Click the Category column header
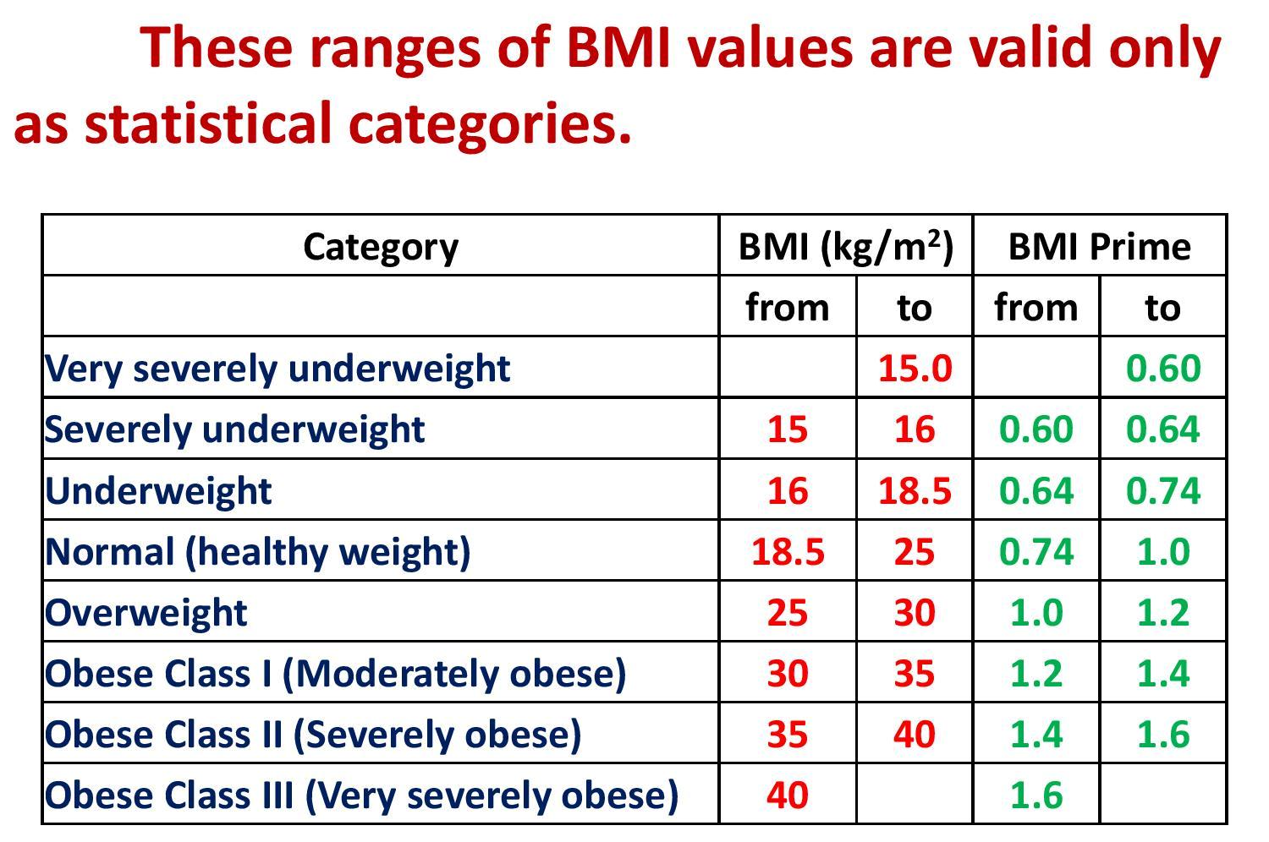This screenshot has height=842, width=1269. [381, 247]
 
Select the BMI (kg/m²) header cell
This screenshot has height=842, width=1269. [846, 247]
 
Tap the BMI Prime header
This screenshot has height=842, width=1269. [1099, 247]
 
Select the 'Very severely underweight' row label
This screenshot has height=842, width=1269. [277, 369]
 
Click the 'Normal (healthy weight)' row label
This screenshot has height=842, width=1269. [257, 551]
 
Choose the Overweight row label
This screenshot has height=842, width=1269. [146, 612]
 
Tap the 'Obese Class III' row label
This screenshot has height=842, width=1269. [361, 795]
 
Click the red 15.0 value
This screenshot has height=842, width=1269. [915, 369]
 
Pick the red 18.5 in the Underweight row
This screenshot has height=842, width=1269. [915, 490]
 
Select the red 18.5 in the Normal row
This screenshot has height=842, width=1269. [788, 551]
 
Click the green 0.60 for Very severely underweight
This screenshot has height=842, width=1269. [1163, 369]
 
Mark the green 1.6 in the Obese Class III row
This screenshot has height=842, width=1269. [1036, 795]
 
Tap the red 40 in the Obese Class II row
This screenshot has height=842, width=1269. [915, 734]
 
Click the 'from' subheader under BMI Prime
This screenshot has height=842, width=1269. [1036, 308]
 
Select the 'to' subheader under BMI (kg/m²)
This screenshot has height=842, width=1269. [915, 308]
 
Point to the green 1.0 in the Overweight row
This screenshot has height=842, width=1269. [1036, 612]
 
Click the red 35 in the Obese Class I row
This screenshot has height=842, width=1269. [915, 673]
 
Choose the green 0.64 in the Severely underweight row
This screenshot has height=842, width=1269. [1163, 429]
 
